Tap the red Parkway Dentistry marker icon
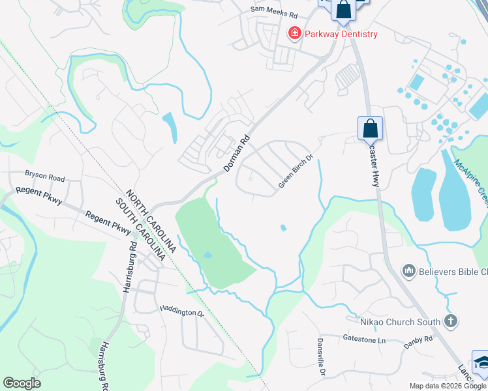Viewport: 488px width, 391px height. click(x=295, y=33)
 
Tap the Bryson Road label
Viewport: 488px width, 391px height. click(x=45, y=176)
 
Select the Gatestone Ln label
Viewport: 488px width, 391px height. click(x=364, y=339)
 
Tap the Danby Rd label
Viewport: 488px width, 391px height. click(x=418, y=340)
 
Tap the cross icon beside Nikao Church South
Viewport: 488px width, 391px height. click(x=450, y=321)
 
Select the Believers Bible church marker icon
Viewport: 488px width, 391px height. click(x=410, y=270)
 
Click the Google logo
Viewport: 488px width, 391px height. click(x=22, y=383)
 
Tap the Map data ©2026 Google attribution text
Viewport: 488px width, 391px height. click(x=448, y=386)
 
